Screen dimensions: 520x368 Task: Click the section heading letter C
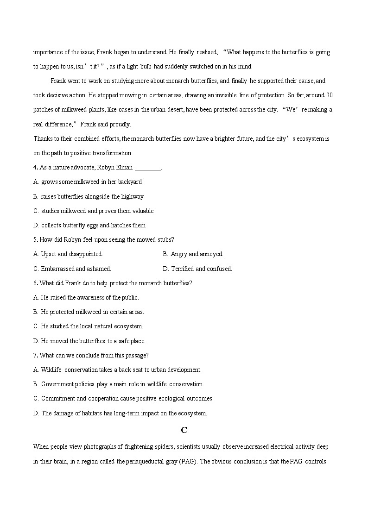[x=184, y=430]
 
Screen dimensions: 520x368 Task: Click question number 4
[x=35, y=167]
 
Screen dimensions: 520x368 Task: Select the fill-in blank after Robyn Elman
[x=147, y=168]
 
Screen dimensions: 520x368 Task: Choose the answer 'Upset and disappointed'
[x=71, y=254]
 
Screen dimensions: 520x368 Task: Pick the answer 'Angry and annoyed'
[x=197, y=254]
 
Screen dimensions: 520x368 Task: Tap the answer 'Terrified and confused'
[x=201, y=269]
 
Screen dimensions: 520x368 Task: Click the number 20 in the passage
[x=329, y=95]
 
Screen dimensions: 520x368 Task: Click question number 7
[x=35, y=355]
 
